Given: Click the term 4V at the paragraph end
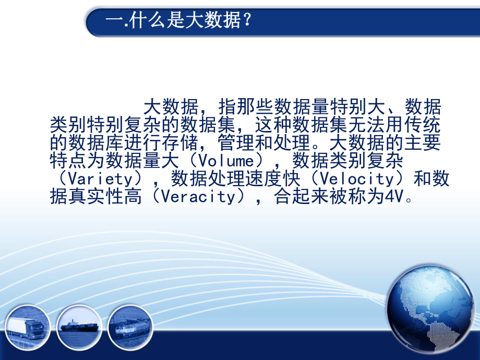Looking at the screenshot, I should tap(395, 197).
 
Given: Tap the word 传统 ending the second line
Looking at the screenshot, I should tap(424, 125).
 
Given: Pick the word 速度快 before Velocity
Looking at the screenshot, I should tap(279, 179).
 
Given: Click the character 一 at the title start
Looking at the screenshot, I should tap(112, 22).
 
